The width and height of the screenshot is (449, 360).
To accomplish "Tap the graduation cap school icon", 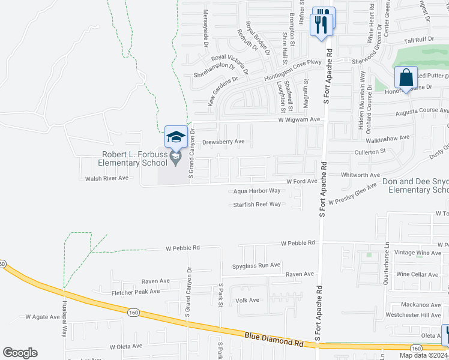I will (x=176, y=137).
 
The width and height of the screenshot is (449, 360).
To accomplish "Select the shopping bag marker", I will (x=406, y=78).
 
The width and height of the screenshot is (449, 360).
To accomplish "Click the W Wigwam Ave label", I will (x=300, y=120).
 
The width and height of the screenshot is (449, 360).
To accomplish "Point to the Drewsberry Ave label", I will (x=223, y=142).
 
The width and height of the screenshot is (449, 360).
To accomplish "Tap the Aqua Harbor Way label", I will (x=258, y=191).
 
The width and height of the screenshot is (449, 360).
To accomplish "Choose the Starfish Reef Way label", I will (x=257, y=205).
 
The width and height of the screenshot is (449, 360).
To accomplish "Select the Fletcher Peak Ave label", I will (x=136, y=292).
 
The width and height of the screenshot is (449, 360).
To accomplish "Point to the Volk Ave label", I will (x=247, y=300).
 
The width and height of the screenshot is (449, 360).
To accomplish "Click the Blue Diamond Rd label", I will (x=273, y=340).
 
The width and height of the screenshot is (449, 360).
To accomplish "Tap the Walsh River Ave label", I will (x=107, y=178).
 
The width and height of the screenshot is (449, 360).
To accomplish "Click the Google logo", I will (x=20, y=353).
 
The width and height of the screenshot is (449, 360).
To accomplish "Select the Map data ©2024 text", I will (x=423, y=355).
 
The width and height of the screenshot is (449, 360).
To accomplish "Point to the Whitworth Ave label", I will (x=361, y=175).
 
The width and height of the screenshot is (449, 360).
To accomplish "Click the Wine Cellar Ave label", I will (x=417, y=274).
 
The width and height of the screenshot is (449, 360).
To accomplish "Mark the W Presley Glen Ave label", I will (x=352, y=196).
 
